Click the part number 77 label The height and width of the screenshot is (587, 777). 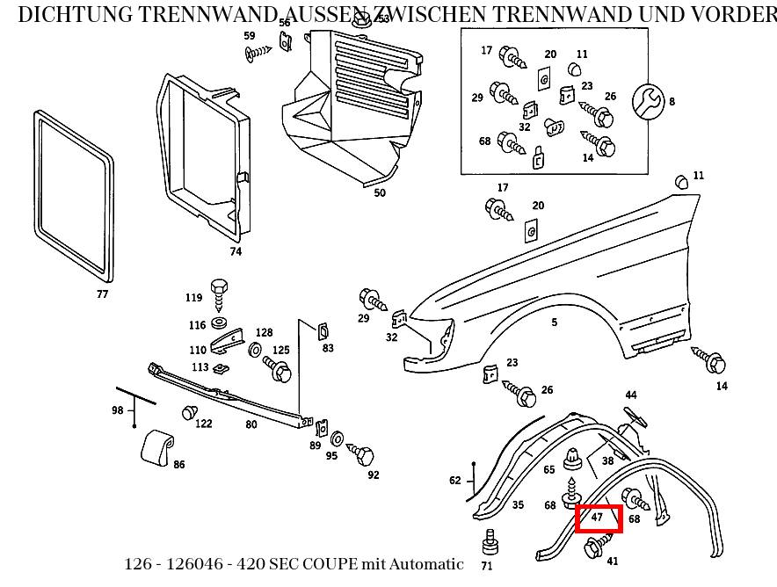[x=103, y=294]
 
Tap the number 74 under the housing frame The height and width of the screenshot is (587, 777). [x=236, y=251]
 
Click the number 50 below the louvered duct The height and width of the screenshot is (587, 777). [x=380, y=192]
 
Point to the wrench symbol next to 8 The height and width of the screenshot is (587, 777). [x=650, y=101]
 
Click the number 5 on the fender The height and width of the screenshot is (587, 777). [x=555, y=322]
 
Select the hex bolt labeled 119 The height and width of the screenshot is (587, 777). [x=220, y=288]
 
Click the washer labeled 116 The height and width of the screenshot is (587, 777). [x=219, y=325]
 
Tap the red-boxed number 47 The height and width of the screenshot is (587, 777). [x=598, y=518]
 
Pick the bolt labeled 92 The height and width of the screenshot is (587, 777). [x=362, y=455]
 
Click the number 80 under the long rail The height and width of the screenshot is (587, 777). [x=251, y=424]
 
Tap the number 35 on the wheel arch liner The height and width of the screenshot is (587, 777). [x=518, y=505]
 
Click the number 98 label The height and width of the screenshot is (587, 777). [x=118, y=410]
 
